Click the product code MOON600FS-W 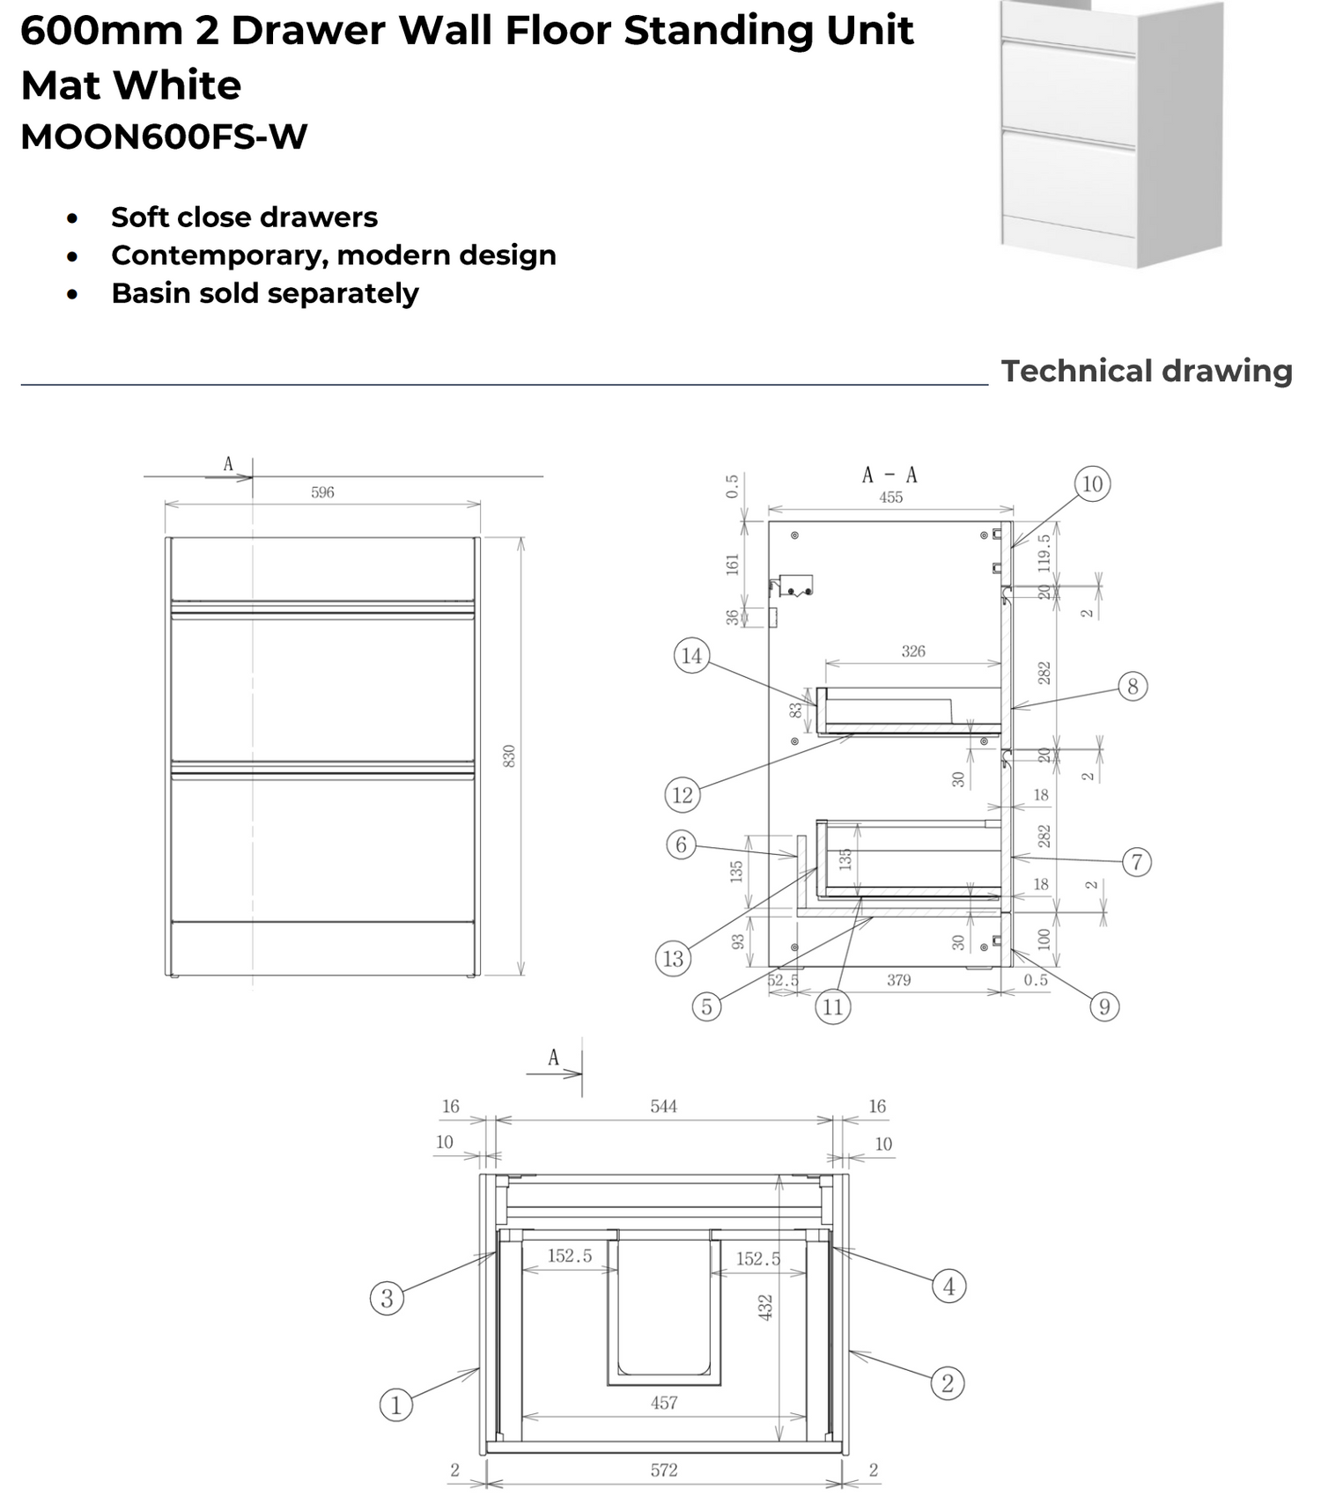[164, 137]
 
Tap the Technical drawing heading [1146, 371]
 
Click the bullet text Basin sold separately [264, 293]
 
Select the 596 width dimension [322, 492]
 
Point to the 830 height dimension [509, 755]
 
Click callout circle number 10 [1092, 483]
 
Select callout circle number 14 [691, 655]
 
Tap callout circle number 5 [706, 1006]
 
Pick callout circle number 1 [395, 1404]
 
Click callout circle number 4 [948, 1286]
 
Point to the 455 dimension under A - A [890, 497]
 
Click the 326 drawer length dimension [913, 652]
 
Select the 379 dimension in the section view [898, 980]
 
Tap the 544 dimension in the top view [663, 1106]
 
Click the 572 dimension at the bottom [664, 1470]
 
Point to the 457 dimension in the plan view [664, 1403]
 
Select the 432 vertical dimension [765, 1307]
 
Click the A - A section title [889, 475]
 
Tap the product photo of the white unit [1111, 132]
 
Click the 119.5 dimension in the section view [1044, 550]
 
